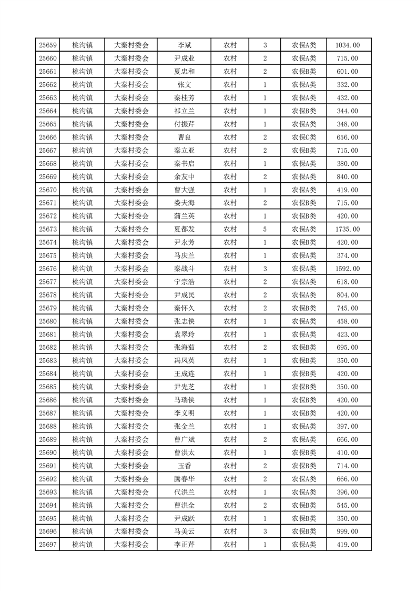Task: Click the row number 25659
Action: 47,45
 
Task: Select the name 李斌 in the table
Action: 184,45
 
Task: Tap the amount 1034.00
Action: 347,45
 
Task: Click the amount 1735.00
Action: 347,229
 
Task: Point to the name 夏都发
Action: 184,229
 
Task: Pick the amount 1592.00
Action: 347,269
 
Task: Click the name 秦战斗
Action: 184,269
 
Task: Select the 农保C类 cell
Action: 304,137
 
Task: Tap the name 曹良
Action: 184,137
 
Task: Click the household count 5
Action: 265,229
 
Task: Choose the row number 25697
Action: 47,545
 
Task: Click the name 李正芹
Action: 184,545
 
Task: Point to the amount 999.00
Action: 347,531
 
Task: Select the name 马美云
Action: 184,531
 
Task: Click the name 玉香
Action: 184,466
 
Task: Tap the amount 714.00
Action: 347,466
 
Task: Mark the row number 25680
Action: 47,321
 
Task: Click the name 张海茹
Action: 184,348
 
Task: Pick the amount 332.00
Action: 347,85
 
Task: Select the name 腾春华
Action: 184,479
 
